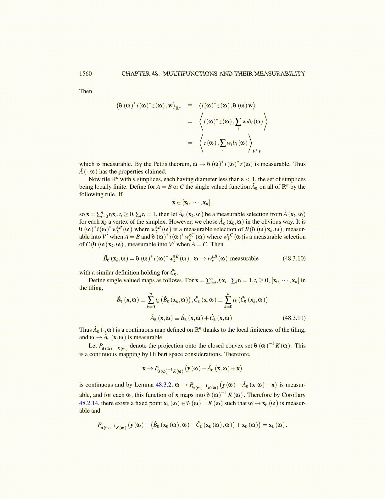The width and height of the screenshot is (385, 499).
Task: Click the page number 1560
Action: point(86,74)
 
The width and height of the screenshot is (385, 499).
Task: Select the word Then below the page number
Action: point(86,91)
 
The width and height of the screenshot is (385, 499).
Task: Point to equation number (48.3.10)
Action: point(294,259)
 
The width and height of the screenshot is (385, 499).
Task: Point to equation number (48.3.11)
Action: point(294,318)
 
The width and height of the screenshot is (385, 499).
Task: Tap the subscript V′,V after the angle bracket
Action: point(257,151)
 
